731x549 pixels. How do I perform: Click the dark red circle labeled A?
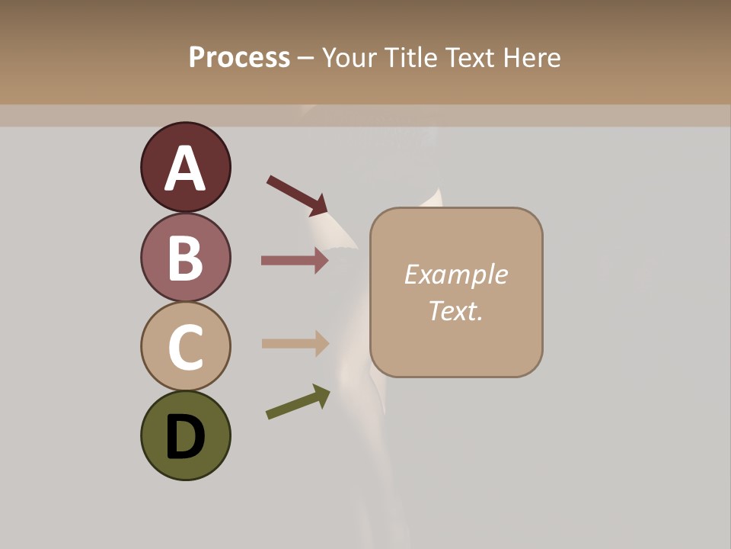point(185,167)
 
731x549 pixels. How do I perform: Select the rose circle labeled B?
point(185,257)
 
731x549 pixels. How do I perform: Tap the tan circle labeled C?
point(185,346)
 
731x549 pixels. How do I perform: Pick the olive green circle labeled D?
point(185,435)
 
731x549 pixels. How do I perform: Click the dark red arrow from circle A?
point(297,195)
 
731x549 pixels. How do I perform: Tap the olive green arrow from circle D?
point(298,402)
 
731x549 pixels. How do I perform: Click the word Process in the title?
point(239,57)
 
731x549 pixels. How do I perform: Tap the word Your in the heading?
point(350,57)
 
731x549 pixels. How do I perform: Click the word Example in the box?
point(455,274)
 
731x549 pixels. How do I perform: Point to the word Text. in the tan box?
point(455,310)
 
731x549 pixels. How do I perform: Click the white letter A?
point(185,169)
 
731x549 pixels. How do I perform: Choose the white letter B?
point(185,258)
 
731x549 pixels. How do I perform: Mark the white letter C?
point(185,348)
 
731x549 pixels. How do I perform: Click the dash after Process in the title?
point(305,59)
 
